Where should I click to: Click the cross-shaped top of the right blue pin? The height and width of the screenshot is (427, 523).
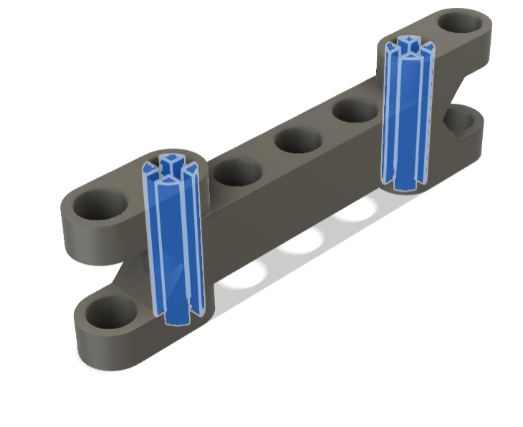(x=408, y=44)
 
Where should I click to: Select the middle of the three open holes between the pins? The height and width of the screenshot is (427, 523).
(x=297, y=139)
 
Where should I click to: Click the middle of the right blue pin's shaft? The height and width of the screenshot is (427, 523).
(x=406, y=114)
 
